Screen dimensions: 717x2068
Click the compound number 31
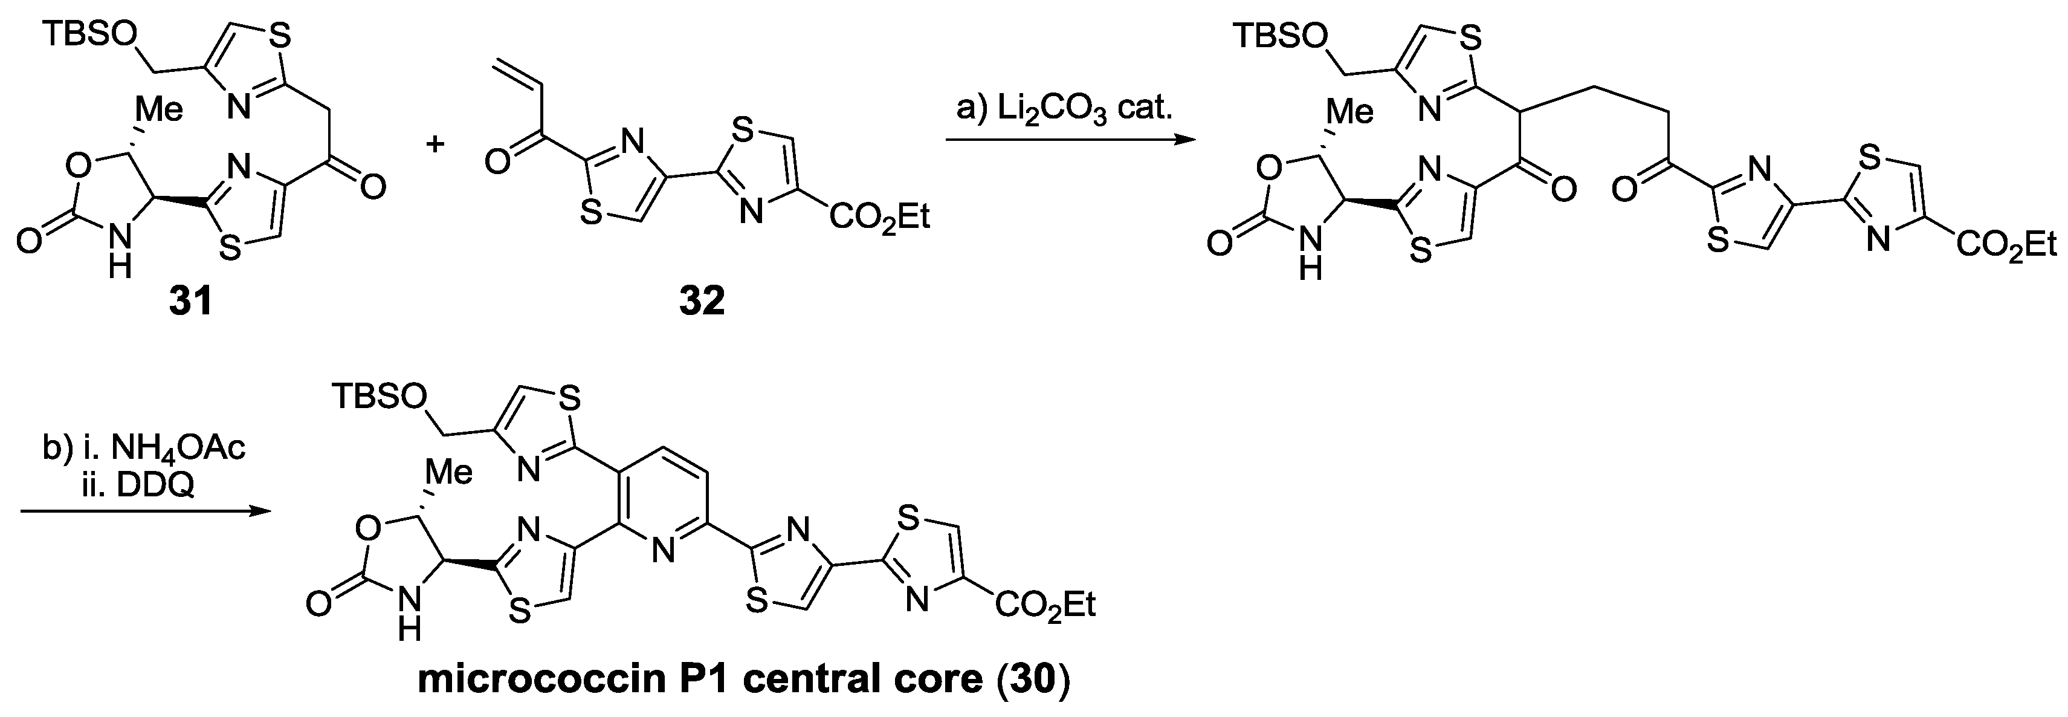click(190, 301)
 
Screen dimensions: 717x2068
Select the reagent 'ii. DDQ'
click(143, 485)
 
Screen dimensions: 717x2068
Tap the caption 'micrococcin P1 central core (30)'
click(743, 680)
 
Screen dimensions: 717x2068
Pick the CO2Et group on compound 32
click(880, 218)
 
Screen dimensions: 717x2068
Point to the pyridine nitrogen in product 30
click(662, 551)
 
